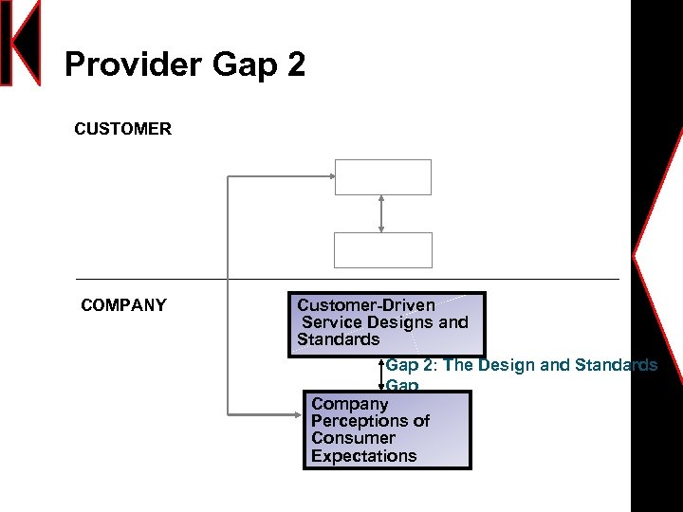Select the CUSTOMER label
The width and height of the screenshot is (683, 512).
pyautogui.click(x=123, y=129)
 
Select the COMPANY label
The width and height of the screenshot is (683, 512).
pyautogui.click(x=124, y=305)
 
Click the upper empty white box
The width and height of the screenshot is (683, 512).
pyautogui.click(x=383, y=177)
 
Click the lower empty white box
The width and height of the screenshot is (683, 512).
pyautogui.click(x=383, y=250)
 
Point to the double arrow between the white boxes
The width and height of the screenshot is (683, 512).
pyautogui.click(x=381, y=213)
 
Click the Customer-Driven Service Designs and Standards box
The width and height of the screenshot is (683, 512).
pyautogui.click(x=387, y=323)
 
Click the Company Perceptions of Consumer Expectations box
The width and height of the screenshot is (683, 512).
pyautogui.click(x=387, y=430)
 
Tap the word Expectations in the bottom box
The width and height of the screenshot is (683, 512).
pyautogui.click(x=364, y=456)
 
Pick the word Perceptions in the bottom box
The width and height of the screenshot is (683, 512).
pyautogui.click(x=370, y=421)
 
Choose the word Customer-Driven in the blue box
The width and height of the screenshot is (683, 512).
pyautogui.click(x=366, y=305)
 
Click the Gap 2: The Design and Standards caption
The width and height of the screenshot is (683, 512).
pyautogui.click(x=521, y=366)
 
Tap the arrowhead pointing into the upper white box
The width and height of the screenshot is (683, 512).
pyautogui.click(x=330, y=176)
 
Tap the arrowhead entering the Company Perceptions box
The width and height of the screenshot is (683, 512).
pyautogui.click(x=299, y=412)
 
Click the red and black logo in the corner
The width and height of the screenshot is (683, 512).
pyautogui.click(x=21, y=43)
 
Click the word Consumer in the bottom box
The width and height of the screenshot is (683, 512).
pyautogui.click(x=353, y=438)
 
